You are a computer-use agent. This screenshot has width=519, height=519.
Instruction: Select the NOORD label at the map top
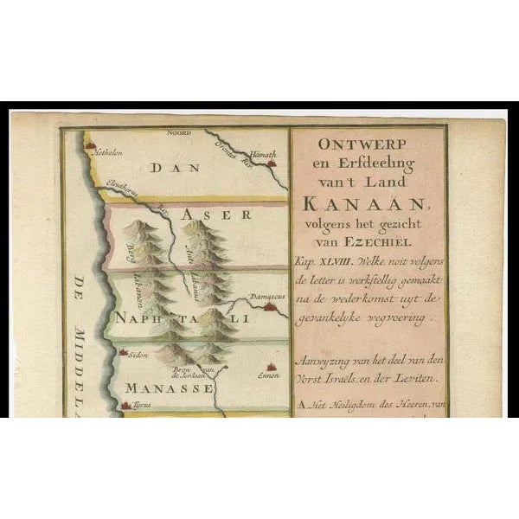[180, 132]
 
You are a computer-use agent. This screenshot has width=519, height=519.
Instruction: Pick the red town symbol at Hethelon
[88, 148]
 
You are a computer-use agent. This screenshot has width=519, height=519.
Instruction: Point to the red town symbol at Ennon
[270, 366]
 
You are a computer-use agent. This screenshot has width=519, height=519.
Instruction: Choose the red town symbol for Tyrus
[126, 405]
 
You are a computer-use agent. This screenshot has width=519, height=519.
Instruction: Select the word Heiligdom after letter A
[351, 402]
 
